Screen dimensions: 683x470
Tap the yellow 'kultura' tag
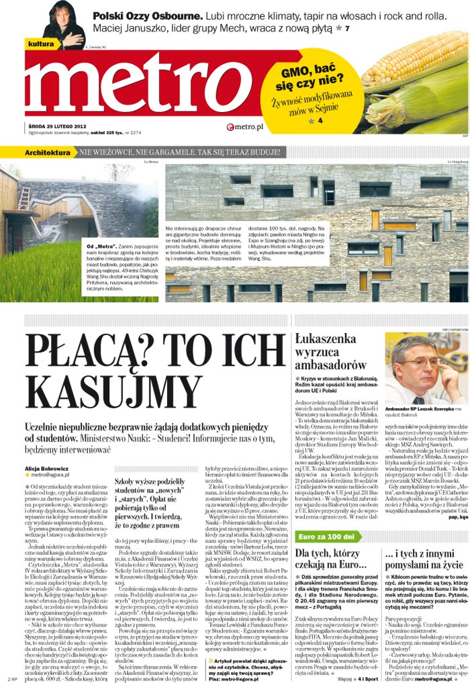point(42,44)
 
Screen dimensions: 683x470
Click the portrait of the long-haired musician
point(64,25)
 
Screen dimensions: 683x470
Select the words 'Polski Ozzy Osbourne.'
point(144,15)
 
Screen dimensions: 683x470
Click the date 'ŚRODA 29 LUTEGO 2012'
point(56,126)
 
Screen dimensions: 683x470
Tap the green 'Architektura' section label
point(48,153)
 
